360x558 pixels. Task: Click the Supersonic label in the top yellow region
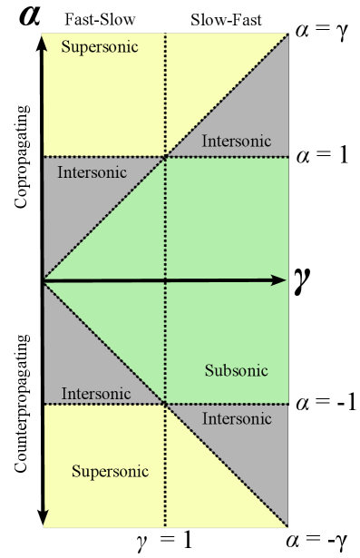[x=100, y=46]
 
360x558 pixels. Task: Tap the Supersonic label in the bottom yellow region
[x=110, y=472]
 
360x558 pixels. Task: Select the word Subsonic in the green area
[x=236, y=370]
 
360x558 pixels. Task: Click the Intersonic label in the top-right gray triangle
[x=237, y=141]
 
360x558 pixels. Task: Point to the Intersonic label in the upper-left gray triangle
[x=92, y=171]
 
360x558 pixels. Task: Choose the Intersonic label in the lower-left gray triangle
[x=96, y=394]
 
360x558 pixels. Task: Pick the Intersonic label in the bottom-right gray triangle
[x=237, y=418]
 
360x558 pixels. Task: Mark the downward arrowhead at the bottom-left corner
[x=44, y=519]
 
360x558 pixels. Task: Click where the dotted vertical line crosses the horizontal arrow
[x=165, y=280]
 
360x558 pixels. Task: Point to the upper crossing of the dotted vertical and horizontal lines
[x=165, y=157]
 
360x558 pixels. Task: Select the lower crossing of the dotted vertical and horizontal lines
[x=165, y=403]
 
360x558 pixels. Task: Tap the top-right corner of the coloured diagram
[x=287, y=34]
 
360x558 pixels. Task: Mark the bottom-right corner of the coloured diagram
[x=287, y=526]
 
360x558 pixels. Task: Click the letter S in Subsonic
[x=209, y=370]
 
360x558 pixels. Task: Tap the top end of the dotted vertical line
[x=165, y=35]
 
